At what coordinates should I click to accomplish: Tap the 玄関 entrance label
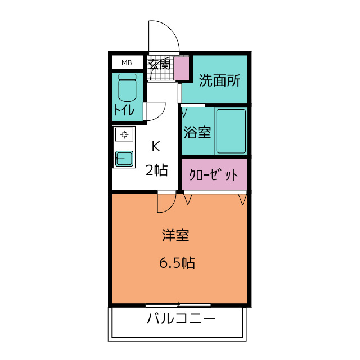(x=159, y=64)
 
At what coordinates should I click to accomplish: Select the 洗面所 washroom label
(x=219, y=81)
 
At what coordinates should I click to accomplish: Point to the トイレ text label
(x=124, y=110)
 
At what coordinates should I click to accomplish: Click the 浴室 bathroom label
(x=197, y=133)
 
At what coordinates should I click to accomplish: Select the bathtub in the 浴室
(x=231, y=131)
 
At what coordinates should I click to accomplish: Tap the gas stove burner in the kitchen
(x=124, y=134)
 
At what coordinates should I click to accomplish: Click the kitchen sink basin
(x=124, y=158)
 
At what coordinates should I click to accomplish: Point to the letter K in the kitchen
(x=156, y=147)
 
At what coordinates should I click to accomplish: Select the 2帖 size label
(x=156, y=170)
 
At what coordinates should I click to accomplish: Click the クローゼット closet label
(x=214, y=175)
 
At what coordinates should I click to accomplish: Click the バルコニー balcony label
(x=181, y=320)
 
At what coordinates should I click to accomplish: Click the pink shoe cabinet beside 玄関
(x=182, y=68)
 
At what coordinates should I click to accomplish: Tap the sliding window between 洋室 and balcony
(x=178, y=305)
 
